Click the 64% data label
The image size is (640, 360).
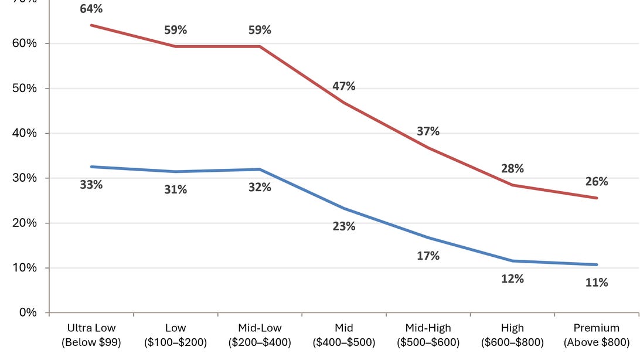91,9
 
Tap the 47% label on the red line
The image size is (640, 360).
343,86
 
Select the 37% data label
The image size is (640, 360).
428,131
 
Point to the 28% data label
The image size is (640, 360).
512,169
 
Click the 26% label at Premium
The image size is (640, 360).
597,182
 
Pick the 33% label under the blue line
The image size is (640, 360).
91,185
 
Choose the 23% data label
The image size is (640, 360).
343,226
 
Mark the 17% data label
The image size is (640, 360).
428,256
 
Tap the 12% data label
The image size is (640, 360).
512,279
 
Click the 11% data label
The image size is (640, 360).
597,283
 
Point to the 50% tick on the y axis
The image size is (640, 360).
25,88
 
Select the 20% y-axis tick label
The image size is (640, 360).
25,223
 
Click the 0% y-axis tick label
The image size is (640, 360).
28,313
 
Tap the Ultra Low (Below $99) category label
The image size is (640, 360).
91,335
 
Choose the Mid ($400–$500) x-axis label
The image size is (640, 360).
343,335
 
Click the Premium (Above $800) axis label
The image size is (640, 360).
597,335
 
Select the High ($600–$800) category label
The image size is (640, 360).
512,335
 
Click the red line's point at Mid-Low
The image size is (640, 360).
260,46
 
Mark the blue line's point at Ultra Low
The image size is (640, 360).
91,167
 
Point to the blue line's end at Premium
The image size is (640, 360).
597,264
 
